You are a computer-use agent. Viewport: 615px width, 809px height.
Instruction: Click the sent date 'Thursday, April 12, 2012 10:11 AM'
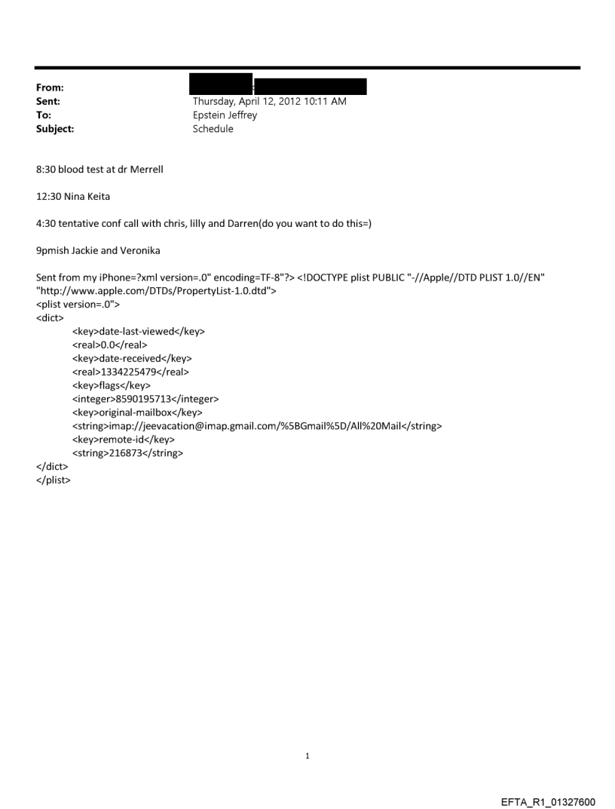tap(269, 102)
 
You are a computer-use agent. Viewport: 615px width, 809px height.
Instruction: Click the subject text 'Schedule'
tap(213, 129)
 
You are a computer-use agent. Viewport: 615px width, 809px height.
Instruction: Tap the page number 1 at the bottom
tap(307, 756)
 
